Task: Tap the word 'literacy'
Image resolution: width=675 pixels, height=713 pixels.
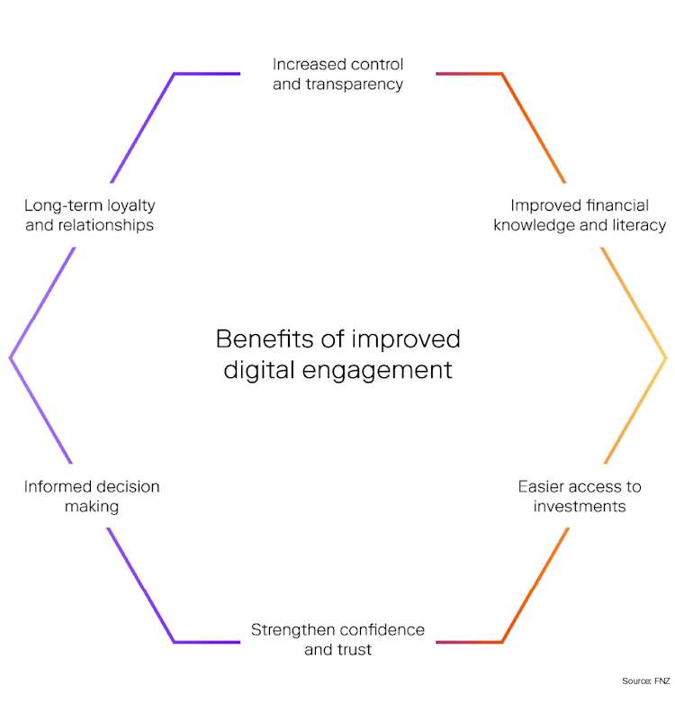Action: point(640,225)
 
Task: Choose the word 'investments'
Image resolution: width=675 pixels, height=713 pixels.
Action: point(579,506)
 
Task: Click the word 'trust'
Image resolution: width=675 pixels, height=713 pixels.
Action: point(354,649)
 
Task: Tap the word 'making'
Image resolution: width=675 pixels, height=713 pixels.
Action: point(92,506)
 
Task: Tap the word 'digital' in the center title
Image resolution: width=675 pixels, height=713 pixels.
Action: point(255,369)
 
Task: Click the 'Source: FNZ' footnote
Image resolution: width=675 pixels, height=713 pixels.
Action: point(645,681)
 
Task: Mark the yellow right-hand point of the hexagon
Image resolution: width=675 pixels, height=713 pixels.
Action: point(665,357)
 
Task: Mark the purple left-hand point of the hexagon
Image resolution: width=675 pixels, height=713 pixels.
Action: point(10,357)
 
